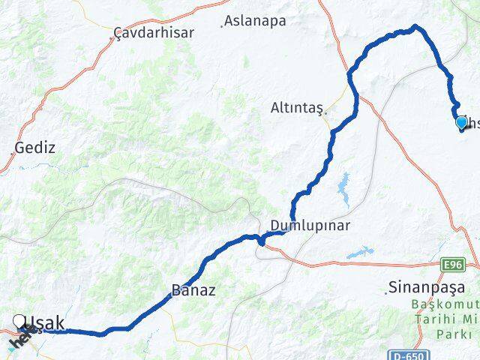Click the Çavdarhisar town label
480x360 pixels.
(x=154, y=32)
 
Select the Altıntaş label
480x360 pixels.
(x=296, y=108)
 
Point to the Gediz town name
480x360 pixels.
(x=34, y=147)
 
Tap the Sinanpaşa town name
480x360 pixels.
(x=427, y=287)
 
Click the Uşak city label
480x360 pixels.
(x=45, y=323)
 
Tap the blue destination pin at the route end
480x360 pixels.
(x=461, y=122)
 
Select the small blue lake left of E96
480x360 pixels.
(x=361, y=253)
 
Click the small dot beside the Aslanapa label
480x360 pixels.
(x=222, y=25)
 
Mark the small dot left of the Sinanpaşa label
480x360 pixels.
(x=386, y=292)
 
